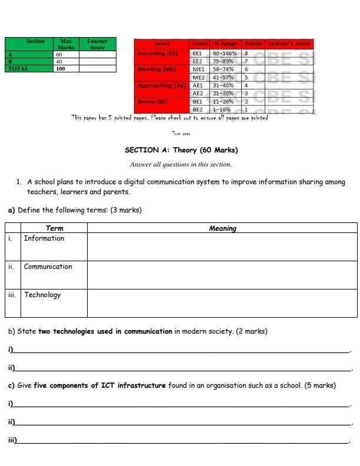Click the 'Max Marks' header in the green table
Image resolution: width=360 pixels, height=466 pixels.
click(66, 44)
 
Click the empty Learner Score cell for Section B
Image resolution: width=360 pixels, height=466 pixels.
click(96, 61)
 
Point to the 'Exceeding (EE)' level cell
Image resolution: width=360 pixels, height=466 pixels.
click(157, 54)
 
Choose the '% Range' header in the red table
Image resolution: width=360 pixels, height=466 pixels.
click(225, 44)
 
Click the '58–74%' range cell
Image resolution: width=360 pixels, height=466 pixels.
click(225, 69)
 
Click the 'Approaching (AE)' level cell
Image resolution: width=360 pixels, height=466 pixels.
click(161, 85)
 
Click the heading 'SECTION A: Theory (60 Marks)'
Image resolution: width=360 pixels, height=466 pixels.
click(181, 150)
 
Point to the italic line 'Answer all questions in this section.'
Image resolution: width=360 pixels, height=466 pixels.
click(181, 164)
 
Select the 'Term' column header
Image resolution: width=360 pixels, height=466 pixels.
click(54, 228)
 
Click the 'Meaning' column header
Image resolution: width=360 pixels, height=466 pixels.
click(222, 228)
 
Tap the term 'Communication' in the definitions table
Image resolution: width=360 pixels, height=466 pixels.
click(48, 267)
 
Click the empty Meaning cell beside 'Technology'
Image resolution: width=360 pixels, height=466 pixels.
click(222, 303)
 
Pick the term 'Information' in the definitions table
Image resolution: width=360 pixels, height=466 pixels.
click(44, 238)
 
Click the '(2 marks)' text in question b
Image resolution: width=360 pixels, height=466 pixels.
click(251, 331)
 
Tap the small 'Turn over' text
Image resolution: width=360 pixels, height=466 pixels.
click(181, 134)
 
